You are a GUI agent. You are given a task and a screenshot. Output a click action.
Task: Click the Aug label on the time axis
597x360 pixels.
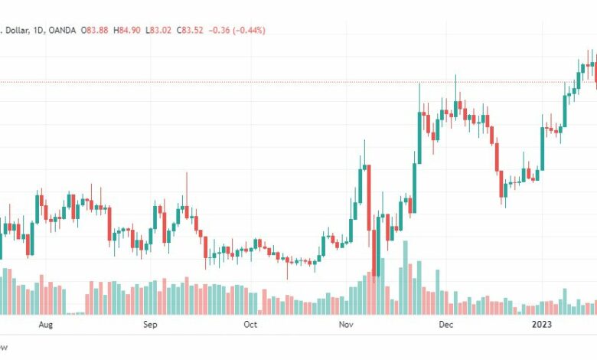coord(46,325)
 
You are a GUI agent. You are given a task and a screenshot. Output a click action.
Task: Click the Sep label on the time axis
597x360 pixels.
coord(150,325)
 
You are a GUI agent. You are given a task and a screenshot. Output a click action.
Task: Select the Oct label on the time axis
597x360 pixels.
coord(250,325)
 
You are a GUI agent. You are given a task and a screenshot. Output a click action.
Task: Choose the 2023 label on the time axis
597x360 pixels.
coord(544,325)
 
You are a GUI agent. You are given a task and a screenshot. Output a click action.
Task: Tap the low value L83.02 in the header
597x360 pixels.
coord(162,31)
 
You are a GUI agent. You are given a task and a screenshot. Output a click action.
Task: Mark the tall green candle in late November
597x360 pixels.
coord(419,138)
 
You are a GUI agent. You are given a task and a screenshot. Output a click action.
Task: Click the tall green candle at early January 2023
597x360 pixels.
coord(543,148)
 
